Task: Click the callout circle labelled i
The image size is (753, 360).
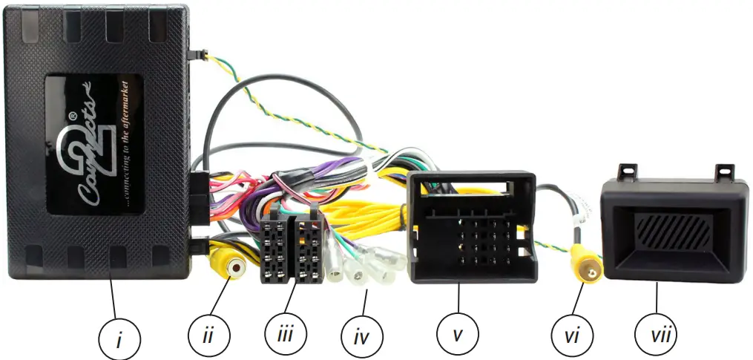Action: [x=119, y=339]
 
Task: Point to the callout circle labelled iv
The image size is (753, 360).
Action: [x=362, y=338]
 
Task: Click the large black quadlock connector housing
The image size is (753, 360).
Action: [x=473, y=226]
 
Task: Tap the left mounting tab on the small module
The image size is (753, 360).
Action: [x=628, y=170]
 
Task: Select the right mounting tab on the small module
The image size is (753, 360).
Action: [x=723, y=171]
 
